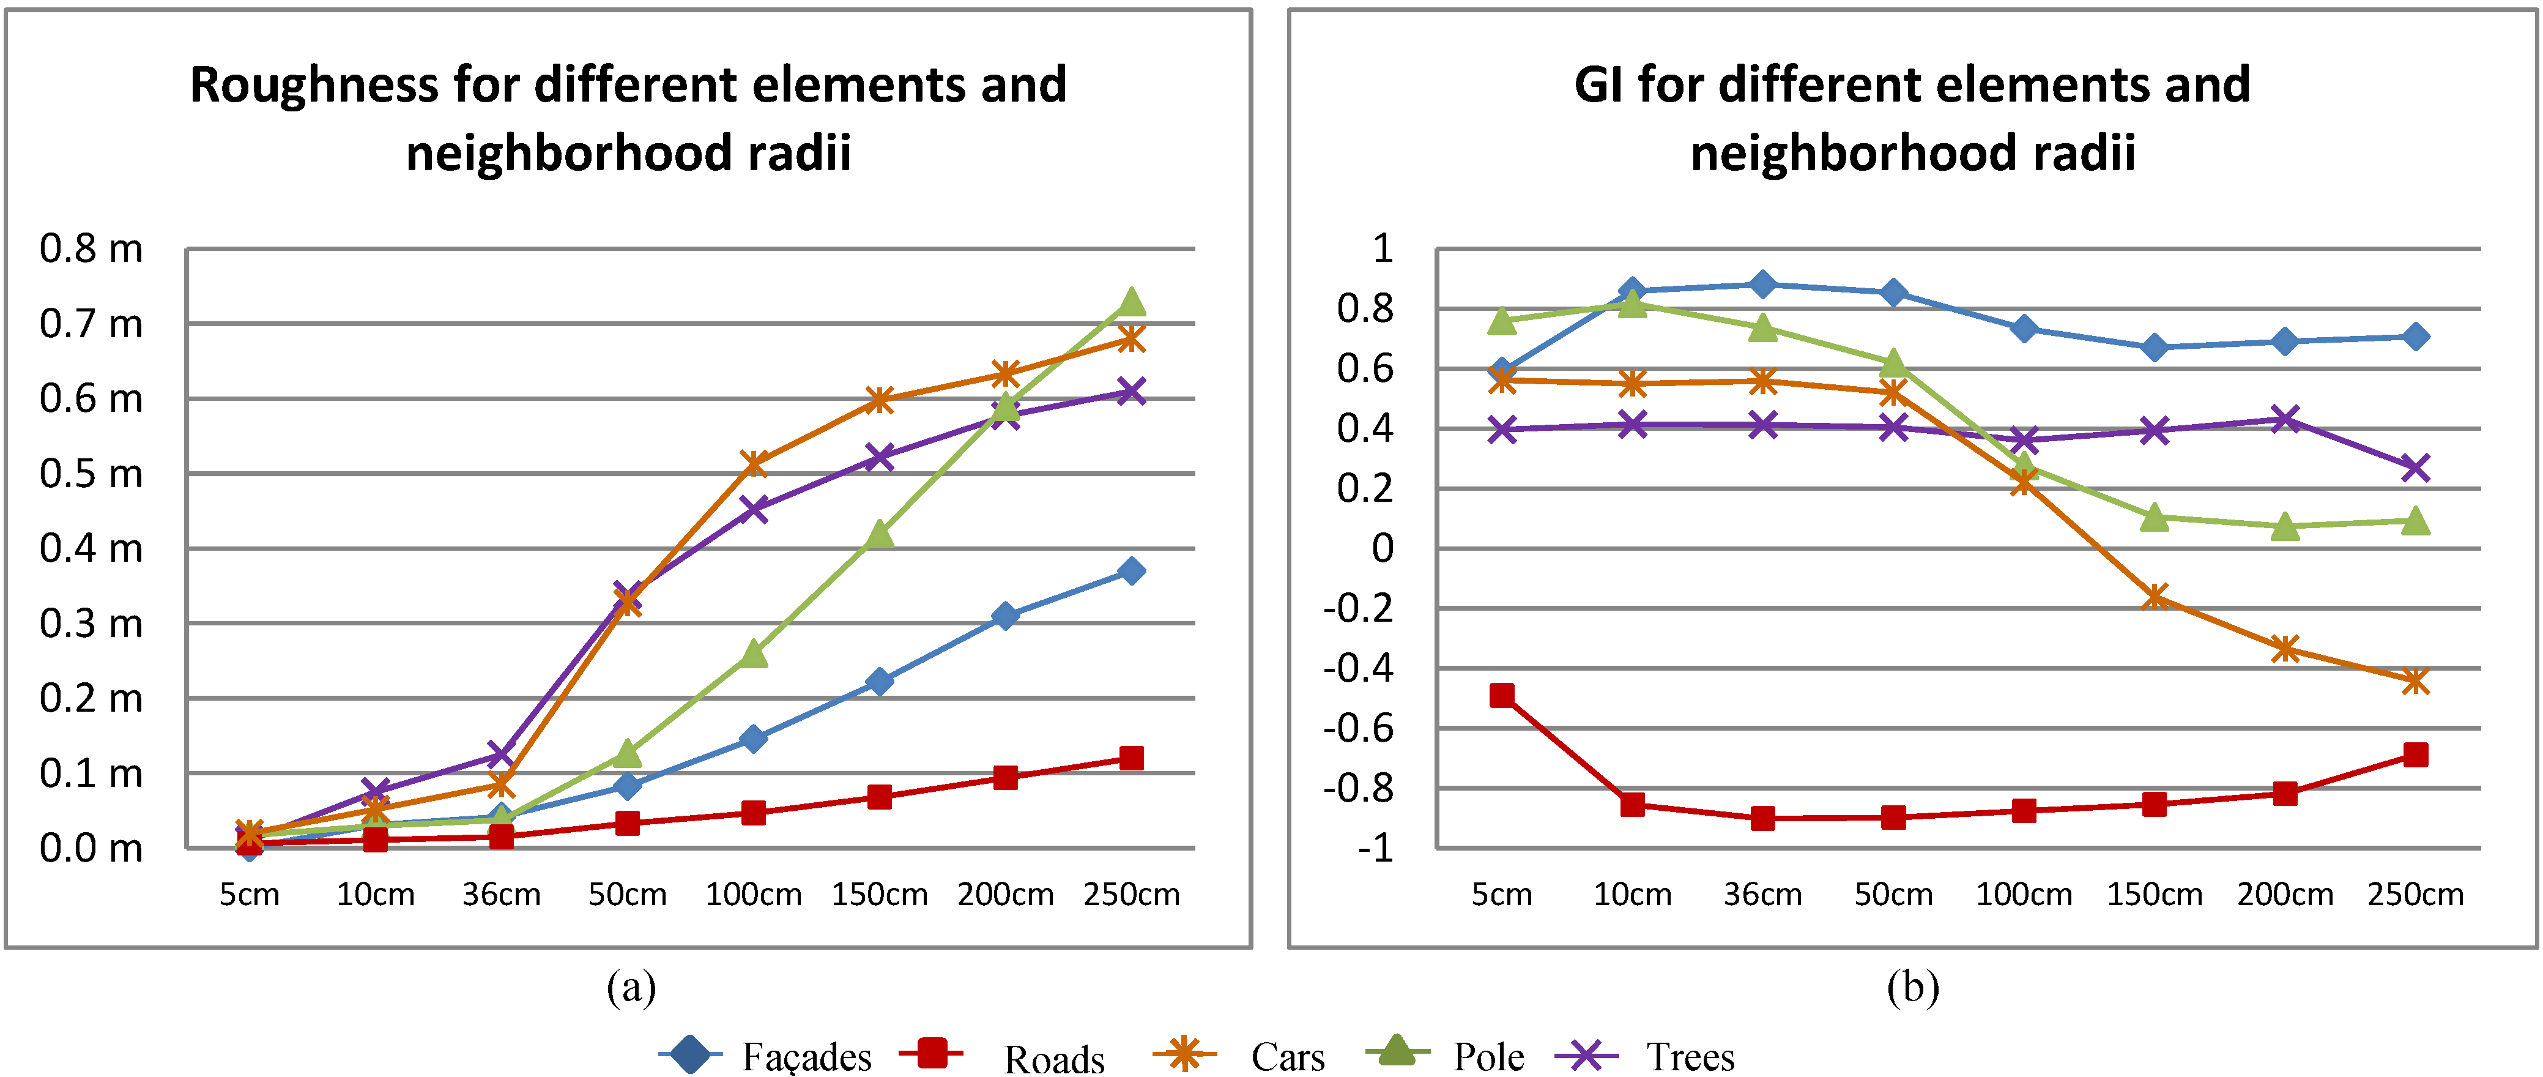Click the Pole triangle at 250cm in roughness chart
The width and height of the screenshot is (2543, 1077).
(1131, 301)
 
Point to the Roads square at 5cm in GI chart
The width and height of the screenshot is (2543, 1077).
(1502, 695)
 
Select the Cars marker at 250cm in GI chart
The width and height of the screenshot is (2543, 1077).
(2415, 680)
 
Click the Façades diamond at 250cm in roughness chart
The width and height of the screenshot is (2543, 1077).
(1131, 570)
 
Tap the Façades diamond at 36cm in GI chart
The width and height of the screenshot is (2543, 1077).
(1762, 285)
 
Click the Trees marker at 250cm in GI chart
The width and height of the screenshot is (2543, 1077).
(2415, 467)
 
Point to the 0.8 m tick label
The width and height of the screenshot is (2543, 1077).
(91, 249)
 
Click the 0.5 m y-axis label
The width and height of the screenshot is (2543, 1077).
(91, 474)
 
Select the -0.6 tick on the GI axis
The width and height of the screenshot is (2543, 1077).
(1359, 729)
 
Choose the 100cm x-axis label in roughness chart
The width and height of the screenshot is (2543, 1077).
(753, 895)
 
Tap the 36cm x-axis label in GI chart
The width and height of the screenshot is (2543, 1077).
(1762, 895)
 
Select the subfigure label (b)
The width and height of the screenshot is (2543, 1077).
(1912, 987)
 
